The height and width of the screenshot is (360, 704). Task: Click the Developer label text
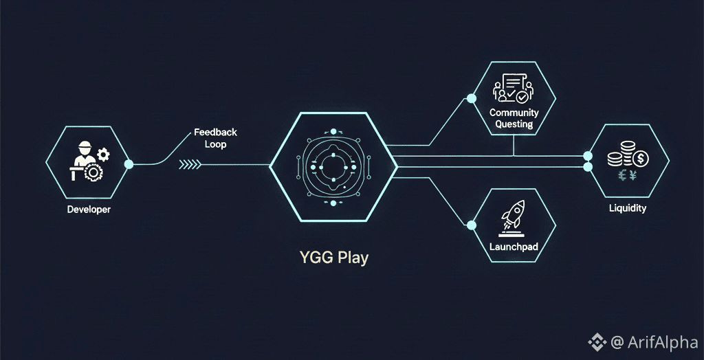pyautogui.click(x=88, y=210)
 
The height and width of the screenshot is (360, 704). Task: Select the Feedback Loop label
pyautogui.click(x=215, y=138)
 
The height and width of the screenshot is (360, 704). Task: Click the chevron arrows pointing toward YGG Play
pyautogui.click(x=190, y=164)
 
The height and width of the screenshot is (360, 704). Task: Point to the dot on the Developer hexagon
pyautogui.click(x=129, y=164)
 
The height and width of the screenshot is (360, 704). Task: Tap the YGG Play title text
pyautogui.click(x=333, y=258)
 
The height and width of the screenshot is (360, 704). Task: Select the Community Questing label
pyautogui.click(x=514, y=118)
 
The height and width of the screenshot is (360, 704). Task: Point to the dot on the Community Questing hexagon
pyautogui.click(x=471, y=98)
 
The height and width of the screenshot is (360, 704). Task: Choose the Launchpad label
pyautogui.click(x=513, y=245)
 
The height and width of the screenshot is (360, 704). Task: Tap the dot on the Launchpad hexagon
pyautogui.click(x=471, y=225)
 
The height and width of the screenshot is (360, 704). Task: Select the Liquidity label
pyautogui.click(x=627, y=208)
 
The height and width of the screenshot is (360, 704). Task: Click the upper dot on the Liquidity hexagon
pyautogui.click(x=587, y=156)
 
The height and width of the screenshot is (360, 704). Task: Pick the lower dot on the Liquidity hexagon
pyautogui.click(x=587, y=167)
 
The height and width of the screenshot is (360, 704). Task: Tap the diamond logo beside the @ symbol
pyautogui.click(x=595, y=341)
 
